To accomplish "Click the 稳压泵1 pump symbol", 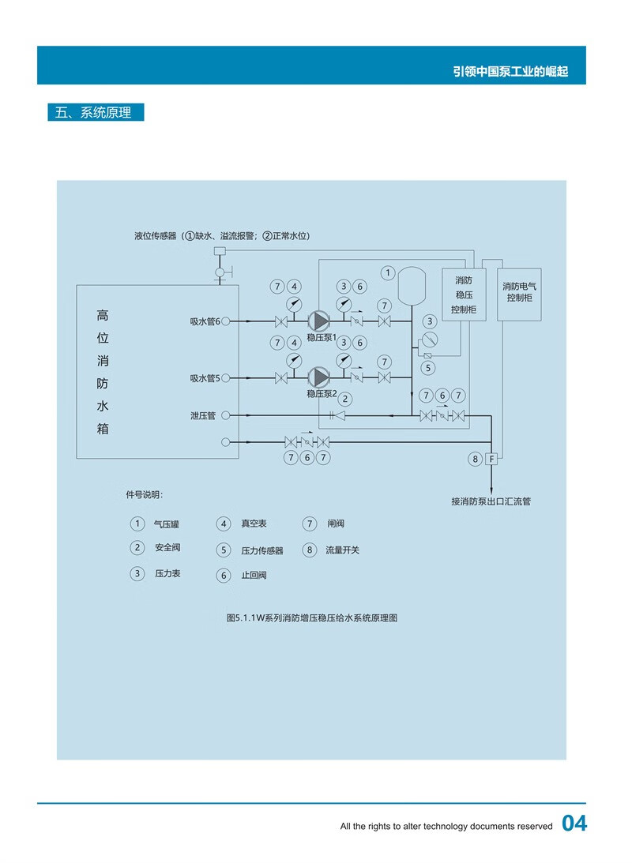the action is pyautogui.click(x=318, y=321).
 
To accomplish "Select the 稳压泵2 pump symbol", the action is pyautogui.click(x=318, y=377).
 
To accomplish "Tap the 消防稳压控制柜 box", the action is pyautogui.click(x=463, y=295).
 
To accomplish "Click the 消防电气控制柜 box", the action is pyautogui.click(x=519, y=292).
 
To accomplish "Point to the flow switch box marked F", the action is pyautogui.click(x=491, y=459).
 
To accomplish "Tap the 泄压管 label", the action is pyautogui.click(x=203, y=415).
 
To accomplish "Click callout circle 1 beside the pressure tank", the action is pyautogui.click(x=387, y=273).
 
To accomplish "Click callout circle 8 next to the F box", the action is pyautogui.click(x=475, y=459).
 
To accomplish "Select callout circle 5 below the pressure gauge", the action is pyautogui.click(x=428, y=367).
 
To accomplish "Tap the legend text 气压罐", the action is pyautogui.click(x=167, y=523).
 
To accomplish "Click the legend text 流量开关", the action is pyautogui.click(x=342, y=550).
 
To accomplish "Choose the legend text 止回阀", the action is pyautogui.click(x=254, y=575).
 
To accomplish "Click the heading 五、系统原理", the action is pyautogui.click(x=96, y=112).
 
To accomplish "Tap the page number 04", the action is pyautogui.click(x=574, y=824).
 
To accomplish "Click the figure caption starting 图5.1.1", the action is pyautogui.click(x=311, y=618).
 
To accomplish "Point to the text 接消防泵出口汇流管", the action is pyautogui.click(x=491, y=501).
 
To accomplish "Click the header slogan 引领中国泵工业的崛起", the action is pyautogui.click(x=510, y=72).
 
